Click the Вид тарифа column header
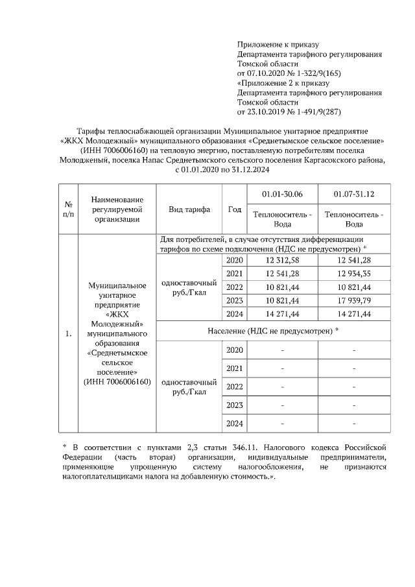coord(189,210)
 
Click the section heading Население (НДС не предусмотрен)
coord(272,331)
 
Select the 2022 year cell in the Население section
coord(234,387)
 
